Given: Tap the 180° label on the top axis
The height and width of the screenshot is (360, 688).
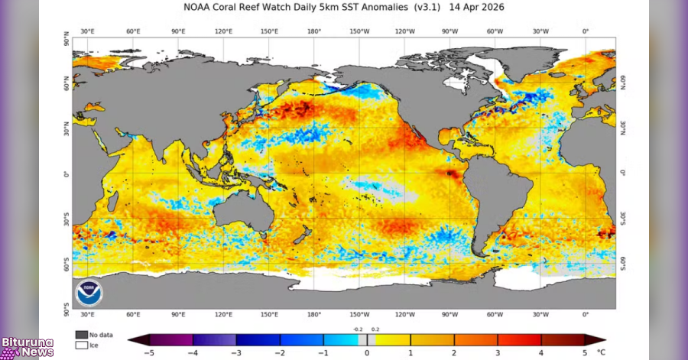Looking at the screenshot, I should tap(314, 31).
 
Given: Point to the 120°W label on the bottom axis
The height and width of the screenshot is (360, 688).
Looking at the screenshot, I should tap(404, 314).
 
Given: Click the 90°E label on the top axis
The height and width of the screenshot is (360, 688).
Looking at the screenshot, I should tap(178, 31).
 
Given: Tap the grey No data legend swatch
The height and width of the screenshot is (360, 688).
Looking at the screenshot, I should tap(81, 334).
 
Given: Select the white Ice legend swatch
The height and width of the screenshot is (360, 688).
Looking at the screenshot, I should tap(81, 345).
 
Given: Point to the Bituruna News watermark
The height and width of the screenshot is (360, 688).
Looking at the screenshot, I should tap(27, 346).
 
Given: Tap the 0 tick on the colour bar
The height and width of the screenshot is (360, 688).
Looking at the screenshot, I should tap(368, 352).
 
